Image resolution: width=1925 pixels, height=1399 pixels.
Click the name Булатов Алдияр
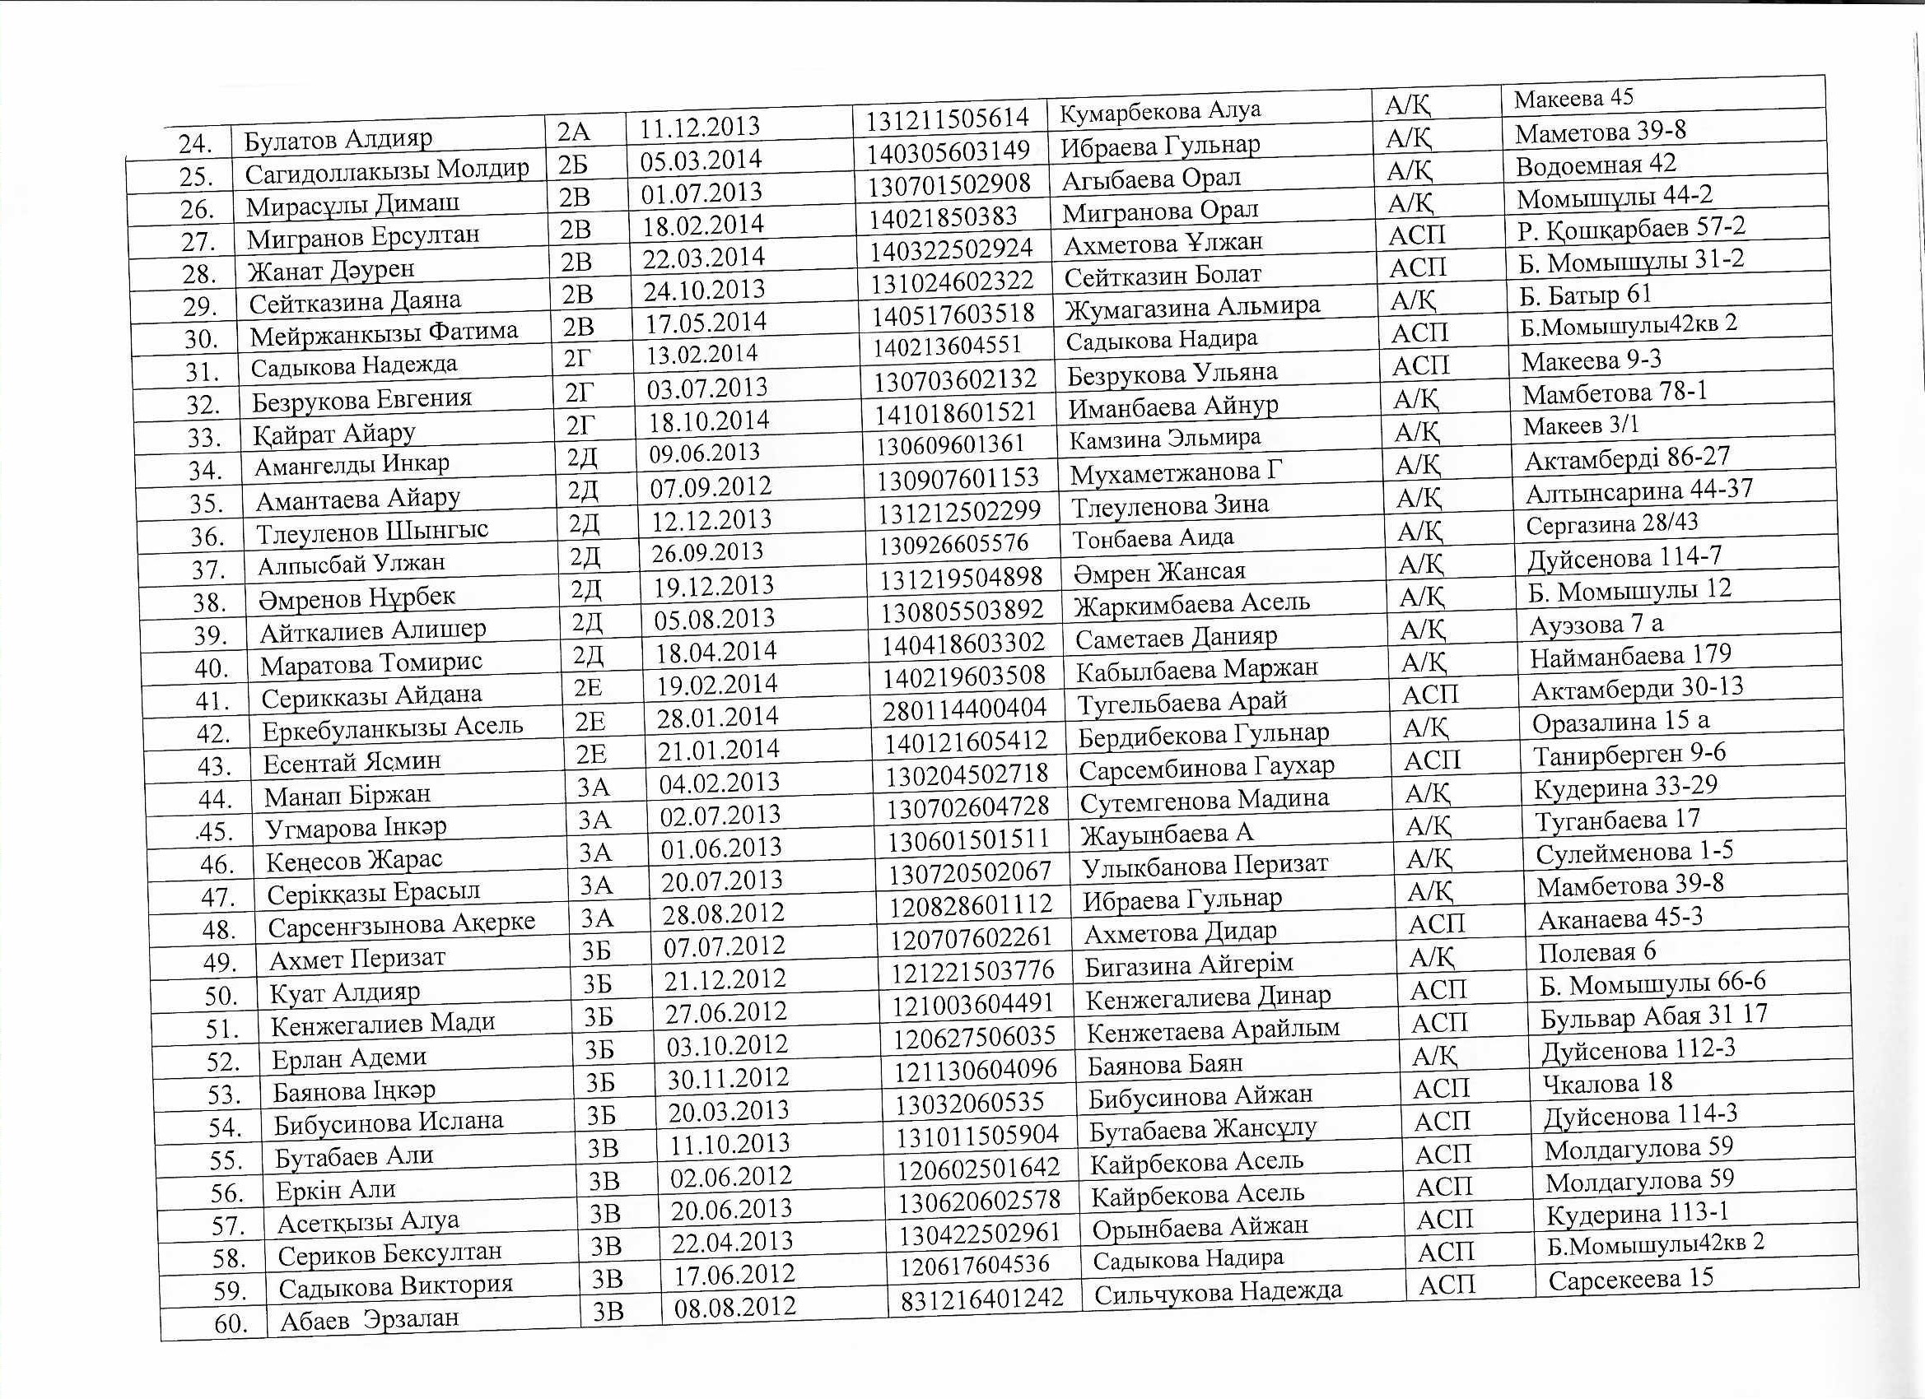click(x=338, y=139)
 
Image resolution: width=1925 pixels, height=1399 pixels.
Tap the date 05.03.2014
click(x=700, y=160)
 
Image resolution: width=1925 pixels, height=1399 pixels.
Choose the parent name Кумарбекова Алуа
click(x=1160, y=111)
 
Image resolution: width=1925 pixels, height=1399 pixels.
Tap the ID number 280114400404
click(x=965, y=709)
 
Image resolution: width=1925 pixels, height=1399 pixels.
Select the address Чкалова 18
click(x=1606, y=1082)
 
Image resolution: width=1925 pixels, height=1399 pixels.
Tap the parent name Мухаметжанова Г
click(x=1176, y=472)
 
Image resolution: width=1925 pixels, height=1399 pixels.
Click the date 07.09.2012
click(x=711, y=487)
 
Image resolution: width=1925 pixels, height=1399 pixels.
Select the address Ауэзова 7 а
click(x=1595, y=625)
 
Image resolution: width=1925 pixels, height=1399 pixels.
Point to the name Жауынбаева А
click(x=1166, y=834)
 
